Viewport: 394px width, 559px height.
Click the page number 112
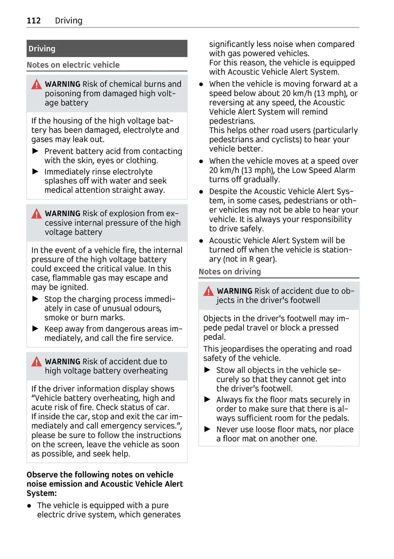click(33, 21)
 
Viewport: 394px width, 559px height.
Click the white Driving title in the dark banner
click(42, 49)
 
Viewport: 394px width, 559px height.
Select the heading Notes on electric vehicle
click(73, 65)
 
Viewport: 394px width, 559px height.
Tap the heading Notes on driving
click(230, 272)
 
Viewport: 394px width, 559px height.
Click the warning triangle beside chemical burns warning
click(36, 85)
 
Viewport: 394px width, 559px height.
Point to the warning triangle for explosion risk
click(36, 214)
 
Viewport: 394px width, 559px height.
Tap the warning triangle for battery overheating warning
click(36, 362)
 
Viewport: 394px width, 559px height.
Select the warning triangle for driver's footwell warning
click(208, 291)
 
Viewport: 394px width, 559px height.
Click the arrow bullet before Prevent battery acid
click(35, 151)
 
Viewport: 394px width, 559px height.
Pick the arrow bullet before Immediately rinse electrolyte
click(35, 172)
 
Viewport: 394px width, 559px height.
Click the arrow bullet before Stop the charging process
click(35, 299)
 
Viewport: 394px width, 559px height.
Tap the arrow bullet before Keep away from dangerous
click(35, 329)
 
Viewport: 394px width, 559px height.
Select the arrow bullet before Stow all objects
click(207, 370)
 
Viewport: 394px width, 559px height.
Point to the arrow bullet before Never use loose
click(207, 429)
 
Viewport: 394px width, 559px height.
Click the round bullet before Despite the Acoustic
click(201, 192)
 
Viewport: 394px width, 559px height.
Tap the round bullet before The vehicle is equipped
click(30, 506)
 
